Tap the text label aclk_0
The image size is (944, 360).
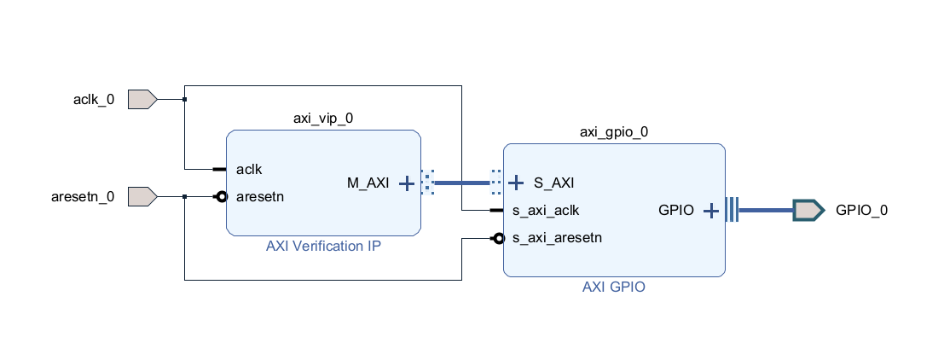pos(94,100)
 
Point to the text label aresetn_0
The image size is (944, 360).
pos(83,197)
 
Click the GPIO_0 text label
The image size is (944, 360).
pos(861,210)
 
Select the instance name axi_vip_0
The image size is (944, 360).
pos(323,119)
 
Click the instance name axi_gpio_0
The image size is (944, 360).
pos(614,131)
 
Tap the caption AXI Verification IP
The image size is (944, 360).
pos(323,247)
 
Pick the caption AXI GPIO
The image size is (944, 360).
pos(614,287)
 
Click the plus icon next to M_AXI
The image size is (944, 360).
pos(407,183)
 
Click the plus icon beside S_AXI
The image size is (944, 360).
pos(515,183)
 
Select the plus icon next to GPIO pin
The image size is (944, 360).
pos(710,210)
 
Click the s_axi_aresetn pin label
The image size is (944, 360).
pos(558,238)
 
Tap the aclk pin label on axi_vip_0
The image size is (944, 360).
pos(249,169)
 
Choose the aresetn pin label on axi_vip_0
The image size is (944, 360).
pos(259,196)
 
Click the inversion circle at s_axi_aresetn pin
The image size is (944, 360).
pos(496,238)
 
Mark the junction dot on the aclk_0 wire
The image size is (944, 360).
pos(184,100)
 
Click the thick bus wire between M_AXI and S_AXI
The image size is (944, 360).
pos(462,183)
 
